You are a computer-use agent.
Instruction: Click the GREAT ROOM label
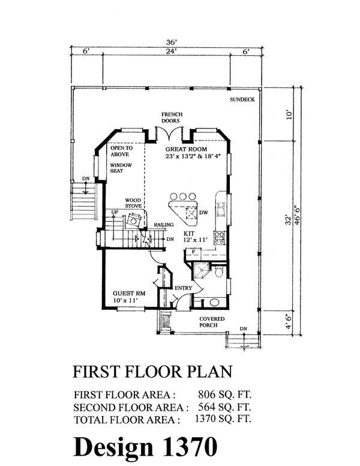pyautogui.click(x=186, y=149)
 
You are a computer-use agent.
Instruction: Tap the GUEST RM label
pyautogui.click(x=129, y=293)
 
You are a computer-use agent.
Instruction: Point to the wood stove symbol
pyautogui.click(x=133, y=220)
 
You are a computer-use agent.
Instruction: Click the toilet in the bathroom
pyautogui.click(x=219, y=271)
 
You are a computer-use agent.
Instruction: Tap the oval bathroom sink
pyautogui.click(x=214, y=303)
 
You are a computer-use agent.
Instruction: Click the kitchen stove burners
pyautogui.click(x=220, y=238)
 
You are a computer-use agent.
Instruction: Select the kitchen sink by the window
pyautogui.click(x=221, y=209)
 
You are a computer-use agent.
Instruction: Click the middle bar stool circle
pyautogui.click(x=182, y=196)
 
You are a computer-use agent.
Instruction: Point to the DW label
pyautogui.click(x=203, y=213)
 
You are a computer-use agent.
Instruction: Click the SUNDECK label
pyautogui.click(x=242, y=100)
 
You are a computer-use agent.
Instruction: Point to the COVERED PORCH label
pyautogui.click(x=212, y=322)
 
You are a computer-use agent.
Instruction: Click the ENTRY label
pyautogui.click(x=183, y=288)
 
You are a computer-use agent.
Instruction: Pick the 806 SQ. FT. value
pyautogui.click(x=224, y=395)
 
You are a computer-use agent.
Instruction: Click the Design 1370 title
pyautogui.click(x=145, y=446)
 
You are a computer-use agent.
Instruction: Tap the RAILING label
pyautogui.click(x=164, y=225)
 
